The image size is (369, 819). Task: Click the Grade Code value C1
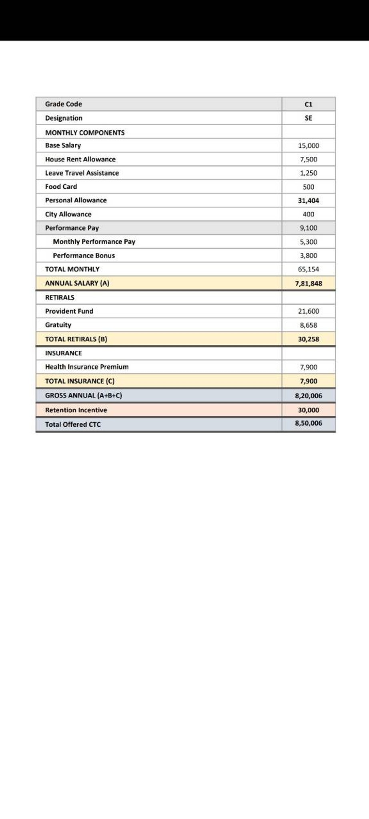(308, 104)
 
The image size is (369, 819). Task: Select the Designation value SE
(308, 118)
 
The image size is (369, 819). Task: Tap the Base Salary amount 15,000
(308, 146)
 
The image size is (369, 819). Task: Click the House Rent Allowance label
(80, 159)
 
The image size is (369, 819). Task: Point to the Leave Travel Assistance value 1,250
(308, 173)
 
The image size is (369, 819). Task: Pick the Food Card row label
(61, 187)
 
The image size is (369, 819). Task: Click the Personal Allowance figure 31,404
(308, 201)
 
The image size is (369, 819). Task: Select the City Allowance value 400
(308, 214)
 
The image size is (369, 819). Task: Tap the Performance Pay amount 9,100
(308, 228)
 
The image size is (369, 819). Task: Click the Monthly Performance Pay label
(94, 242)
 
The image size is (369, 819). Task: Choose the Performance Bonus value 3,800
(308, 256)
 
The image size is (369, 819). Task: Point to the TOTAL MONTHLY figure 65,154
(308, 269)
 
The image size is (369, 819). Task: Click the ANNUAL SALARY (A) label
(77, 283)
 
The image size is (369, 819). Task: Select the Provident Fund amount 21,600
(308, 311)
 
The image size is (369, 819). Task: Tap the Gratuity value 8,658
(308, 325)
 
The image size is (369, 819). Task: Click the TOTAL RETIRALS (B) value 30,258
(308, 339)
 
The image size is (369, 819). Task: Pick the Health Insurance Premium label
(87, 367)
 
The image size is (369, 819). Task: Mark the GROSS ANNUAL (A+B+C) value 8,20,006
(308, 396)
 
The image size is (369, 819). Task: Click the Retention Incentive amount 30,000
(308, 410)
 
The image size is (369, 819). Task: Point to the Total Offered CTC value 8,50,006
(308, 423)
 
